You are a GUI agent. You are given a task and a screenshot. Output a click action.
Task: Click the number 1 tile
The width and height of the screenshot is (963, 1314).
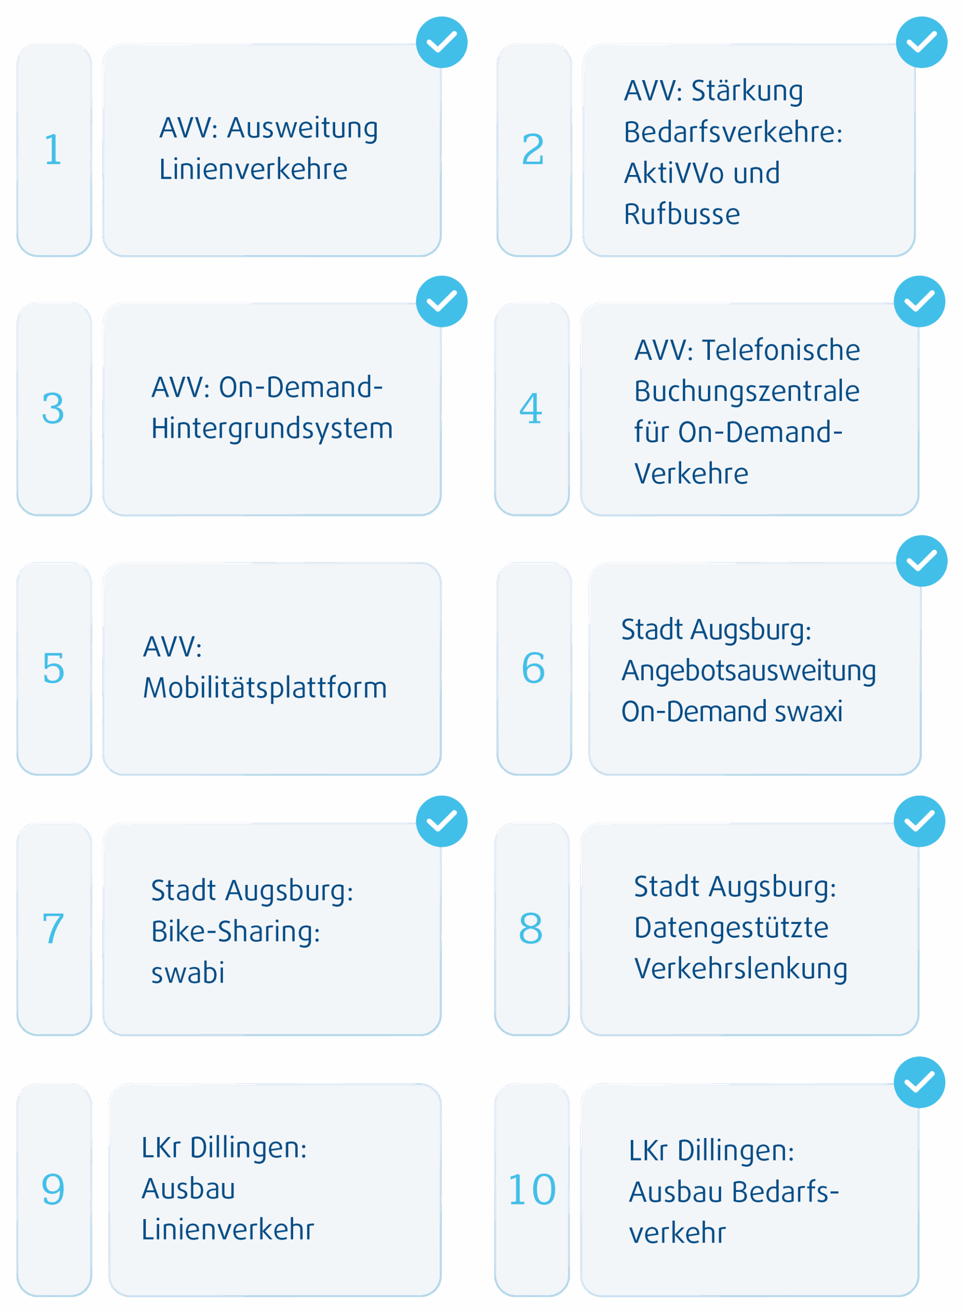click(x=53, y=149)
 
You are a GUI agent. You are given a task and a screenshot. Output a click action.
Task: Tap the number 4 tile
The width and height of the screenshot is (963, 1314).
click(x=532, y=409)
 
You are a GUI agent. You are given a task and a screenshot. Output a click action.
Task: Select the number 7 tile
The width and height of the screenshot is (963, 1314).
click(x=53, y=928)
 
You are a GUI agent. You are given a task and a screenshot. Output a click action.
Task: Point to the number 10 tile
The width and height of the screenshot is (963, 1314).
click(x=532, y=1189)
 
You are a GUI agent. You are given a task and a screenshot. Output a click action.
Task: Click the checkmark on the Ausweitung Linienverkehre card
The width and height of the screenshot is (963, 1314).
click(x=441, y=42)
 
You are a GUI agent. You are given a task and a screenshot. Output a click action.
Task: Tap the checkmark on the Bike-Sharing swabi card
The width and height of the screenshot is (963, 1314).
click(x=441, y=821)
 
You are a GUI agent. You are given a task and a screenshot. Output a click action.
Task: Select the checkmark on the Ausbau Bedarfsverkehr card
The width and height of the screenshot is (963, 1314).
click(x=919, y=1082)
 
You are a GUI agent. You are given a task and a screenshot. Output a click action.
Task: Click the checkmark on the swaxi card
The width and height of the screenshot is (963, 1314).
click(x=921, y=561)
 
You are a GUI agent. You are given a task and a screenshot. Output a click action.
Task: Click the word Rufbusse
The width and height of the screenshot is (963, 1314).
click(x=682, y=215)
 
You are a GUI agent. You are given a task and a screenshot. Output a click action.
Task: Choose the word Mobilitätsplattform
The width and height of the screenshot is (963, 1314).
click(x=265, y=688)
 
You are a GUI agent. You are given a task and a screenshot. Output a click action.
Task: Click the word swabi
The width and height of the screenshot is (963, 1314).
click(x=188, y=973)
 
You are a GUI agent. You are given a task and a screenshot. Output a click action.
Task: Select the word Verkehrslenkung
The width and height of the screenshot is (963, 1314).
click(x=740, y=969)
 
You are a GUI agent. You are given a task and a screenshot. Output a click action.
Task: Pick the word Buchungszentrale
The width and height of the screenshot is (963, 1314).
click(x=746, y=391)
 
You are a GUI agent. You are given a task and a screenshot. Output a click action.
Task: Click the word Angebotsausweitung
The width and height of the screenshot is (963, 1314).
click(x=748, y=671)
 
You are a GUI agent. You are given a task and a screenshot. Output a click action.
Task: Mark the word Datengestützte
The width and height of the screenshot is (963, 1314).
click(x=731, y=927)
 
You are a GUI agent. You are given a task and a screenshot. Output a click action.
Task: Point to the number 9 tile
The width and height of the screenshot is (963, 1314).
click(x=53, y=1189)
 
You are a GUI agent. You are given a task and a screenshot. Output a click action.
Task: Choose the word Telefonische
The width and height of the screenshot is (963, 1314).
click(x=781, y=350)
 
